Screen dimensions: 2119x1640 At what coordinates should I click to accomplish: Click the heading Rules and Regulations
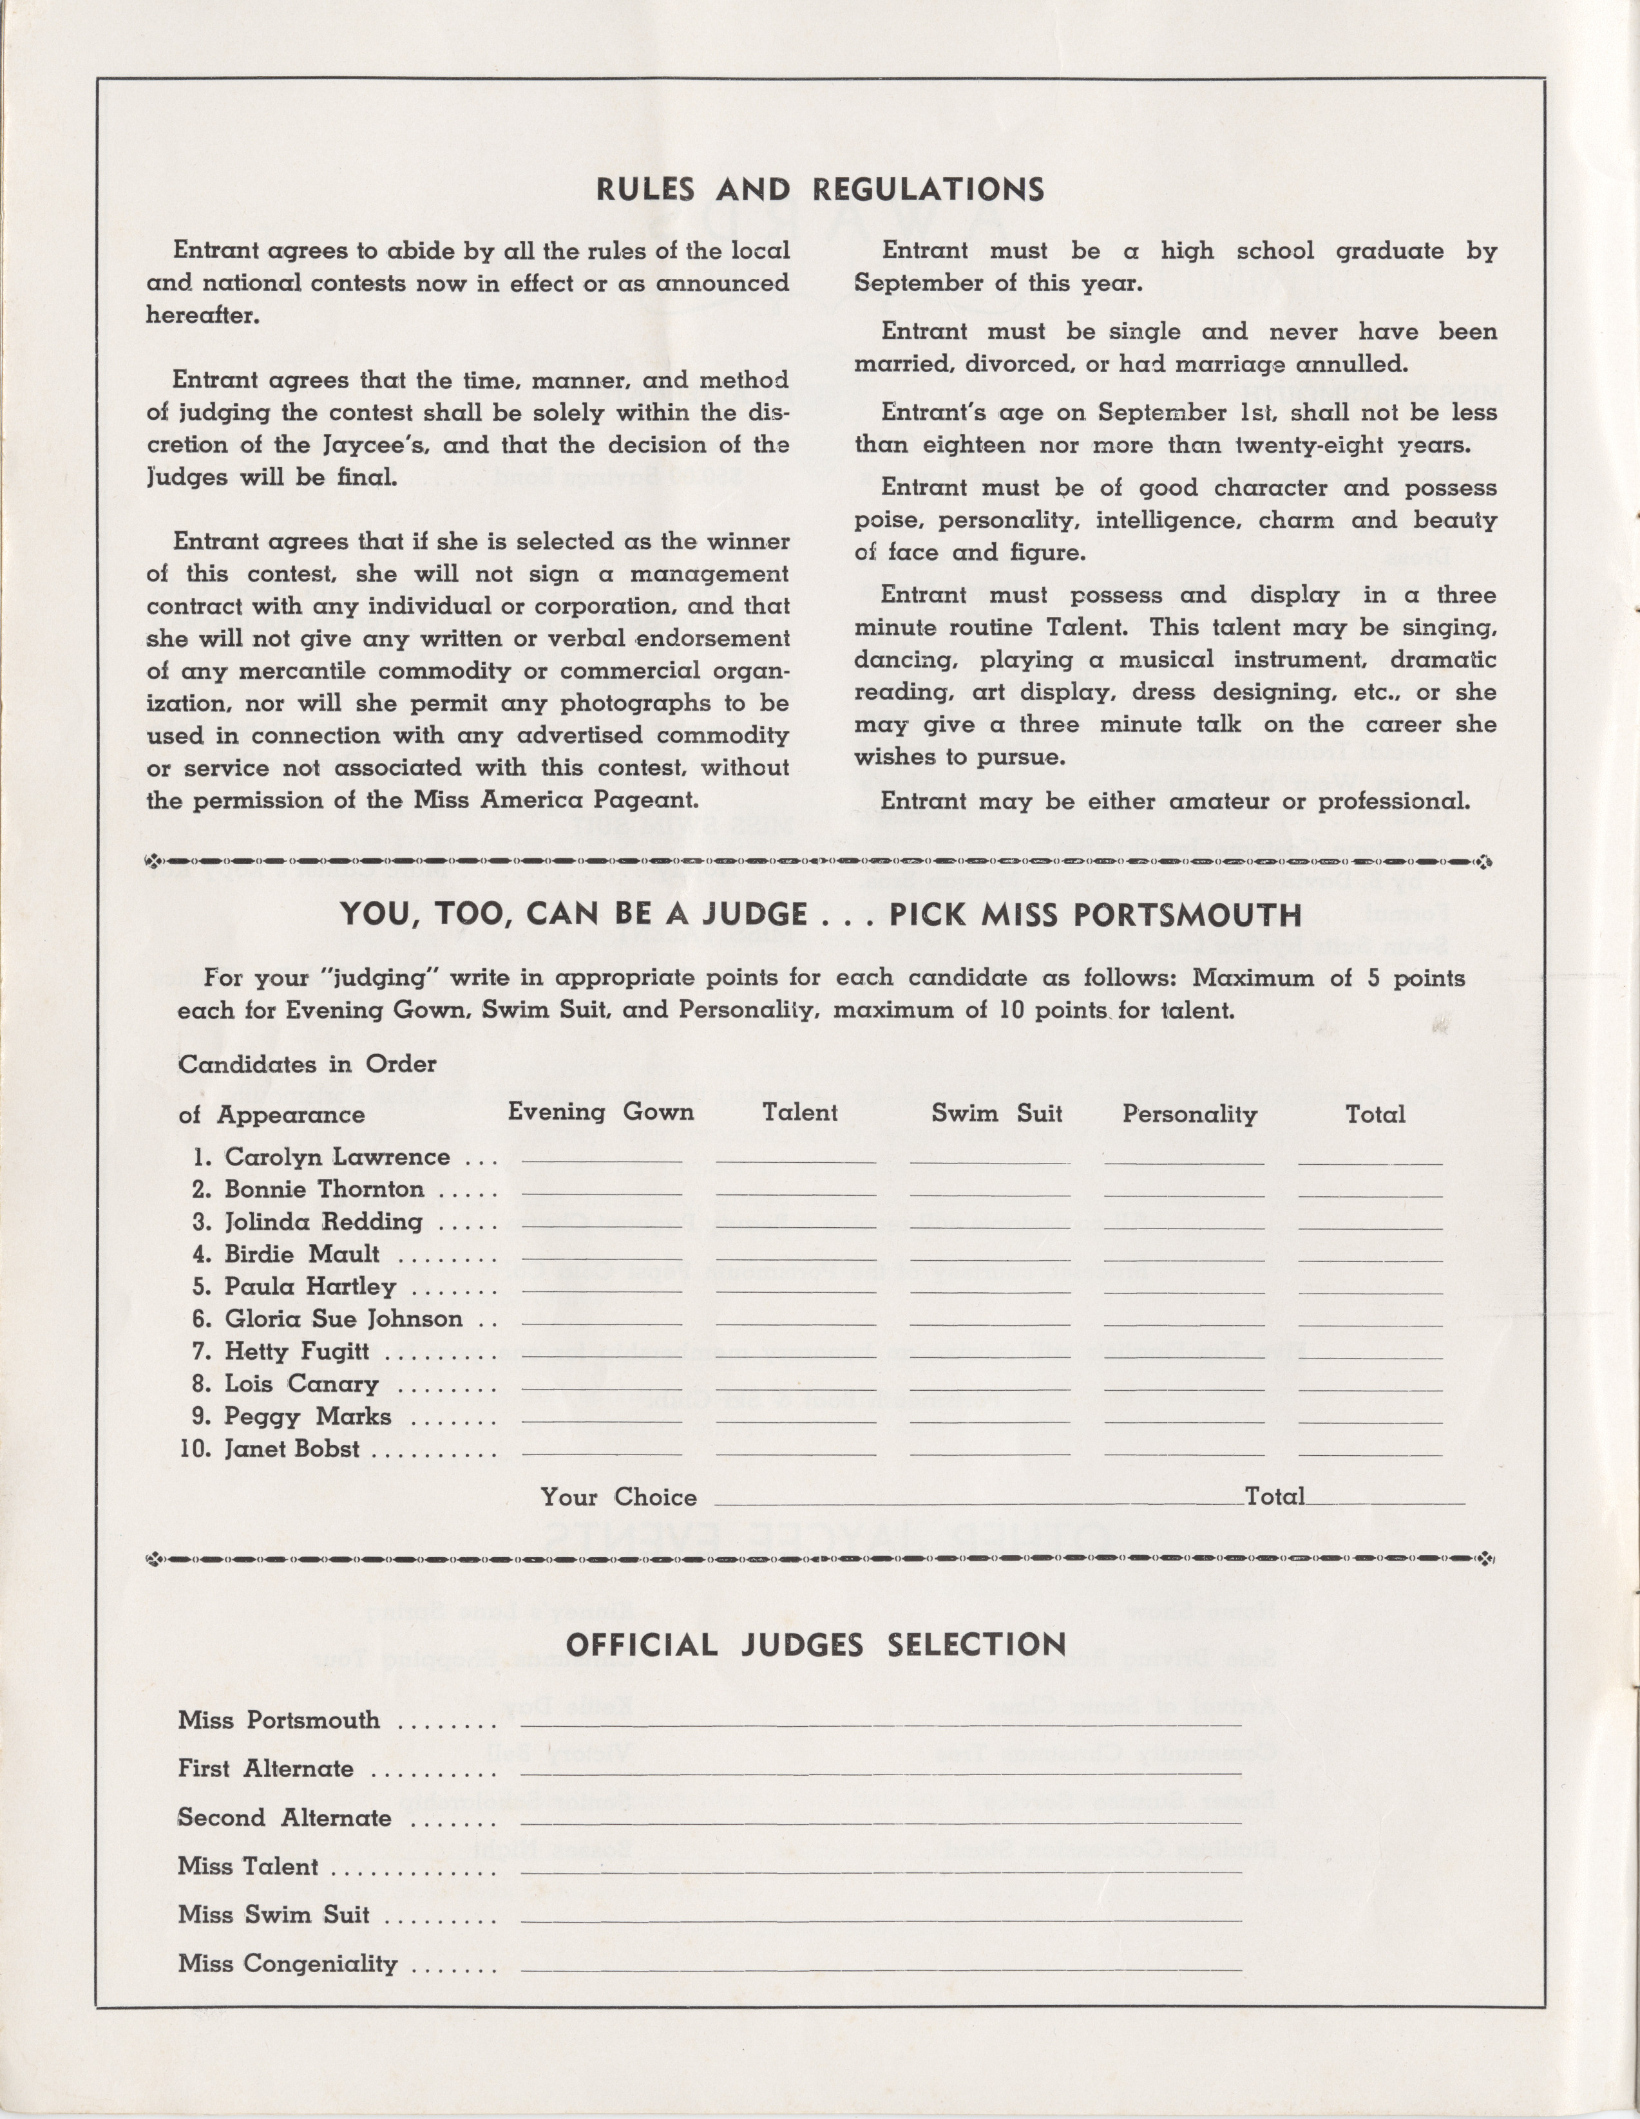[820, 189]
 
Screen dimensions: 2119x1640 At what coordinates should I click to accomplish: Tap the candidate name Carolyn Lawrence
[337, 1158]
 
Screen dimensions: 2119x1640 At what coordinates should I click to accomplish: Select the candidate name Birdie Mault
[302, 1254]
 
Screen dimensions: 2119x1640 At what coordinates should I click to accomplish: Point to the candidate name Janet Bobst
[291, 1449]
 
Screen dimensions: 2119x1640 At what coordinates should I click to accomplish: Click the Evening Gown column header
[601, 1113]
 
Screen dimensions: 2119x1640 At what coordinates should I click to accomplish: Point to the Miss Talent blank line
[881, 1872]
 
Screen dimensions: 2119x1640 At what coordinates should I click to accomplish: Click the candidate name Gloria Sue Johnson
[343, 1319]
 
